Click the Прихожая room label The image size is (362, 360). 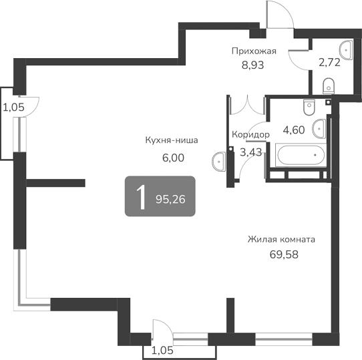(254, 51)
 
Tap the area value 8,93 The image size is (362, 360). (253, 65)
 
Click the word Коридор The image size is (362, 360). (250, 135)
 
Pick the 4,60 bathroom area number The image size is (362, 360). (294, 130)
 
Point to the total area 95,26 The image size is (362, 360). (170, 198)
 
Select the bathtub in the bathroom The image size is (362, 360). (300, 156)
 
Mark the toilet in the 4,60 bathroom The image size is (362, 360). (308, 107)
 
